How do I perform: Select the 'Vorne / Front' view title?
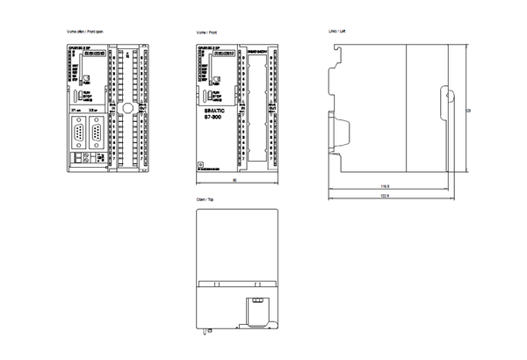point(207,32)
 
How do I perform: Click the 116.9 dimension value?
point(385,186)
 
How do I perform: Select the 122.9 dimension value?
point(385,195)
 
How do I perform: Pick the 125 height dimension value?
point(468,109)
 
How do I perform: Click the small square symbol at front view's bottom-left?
point(201,164)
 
